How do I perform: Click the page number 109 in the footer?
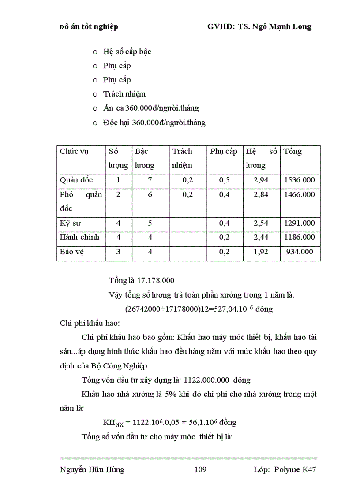point(200,469)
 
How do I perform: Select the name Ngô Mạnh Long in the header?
point(289,26)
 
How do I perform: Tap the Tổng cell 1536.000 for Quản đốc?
point(300,180)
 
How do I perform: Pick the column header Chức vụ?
point(74,151)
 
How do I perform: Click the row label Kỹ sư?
point(70,223)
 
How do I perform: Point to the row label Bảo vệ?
point(72,252)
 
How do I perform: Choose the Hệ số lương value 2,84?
point(261,194)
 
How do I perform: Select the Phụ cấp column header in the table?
point(224,151)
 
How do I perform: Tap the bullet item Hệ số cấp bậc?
point(127,52)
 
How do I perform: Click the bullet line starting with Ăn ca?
point(151,108)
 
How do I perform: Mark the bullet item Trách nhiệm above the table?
point(124,94)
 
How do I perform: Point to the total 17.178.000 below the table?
point(156,280)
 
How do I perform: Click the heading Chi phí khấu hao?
point(87,323)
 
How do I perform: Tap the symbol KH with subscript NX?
point(113,423)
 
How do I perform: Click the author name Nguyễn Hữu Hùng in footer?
point(92,469)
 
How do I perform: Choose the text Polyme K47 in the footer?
point(295,469)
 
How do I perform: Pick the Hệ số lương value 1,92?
point(261,252)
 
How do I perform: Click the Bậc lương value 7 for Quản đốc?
point(150,180)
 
